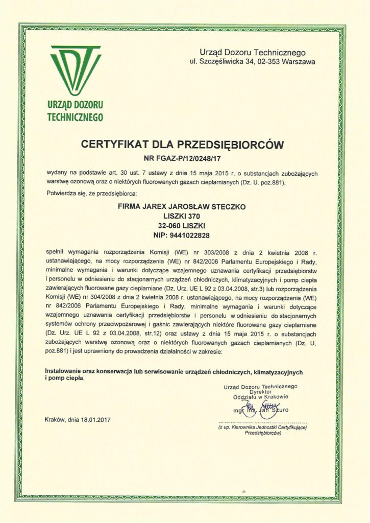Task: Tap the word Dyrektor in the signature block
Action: tap(260, 392)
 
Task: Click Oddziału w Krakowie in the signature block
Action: tap(260, 397)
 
